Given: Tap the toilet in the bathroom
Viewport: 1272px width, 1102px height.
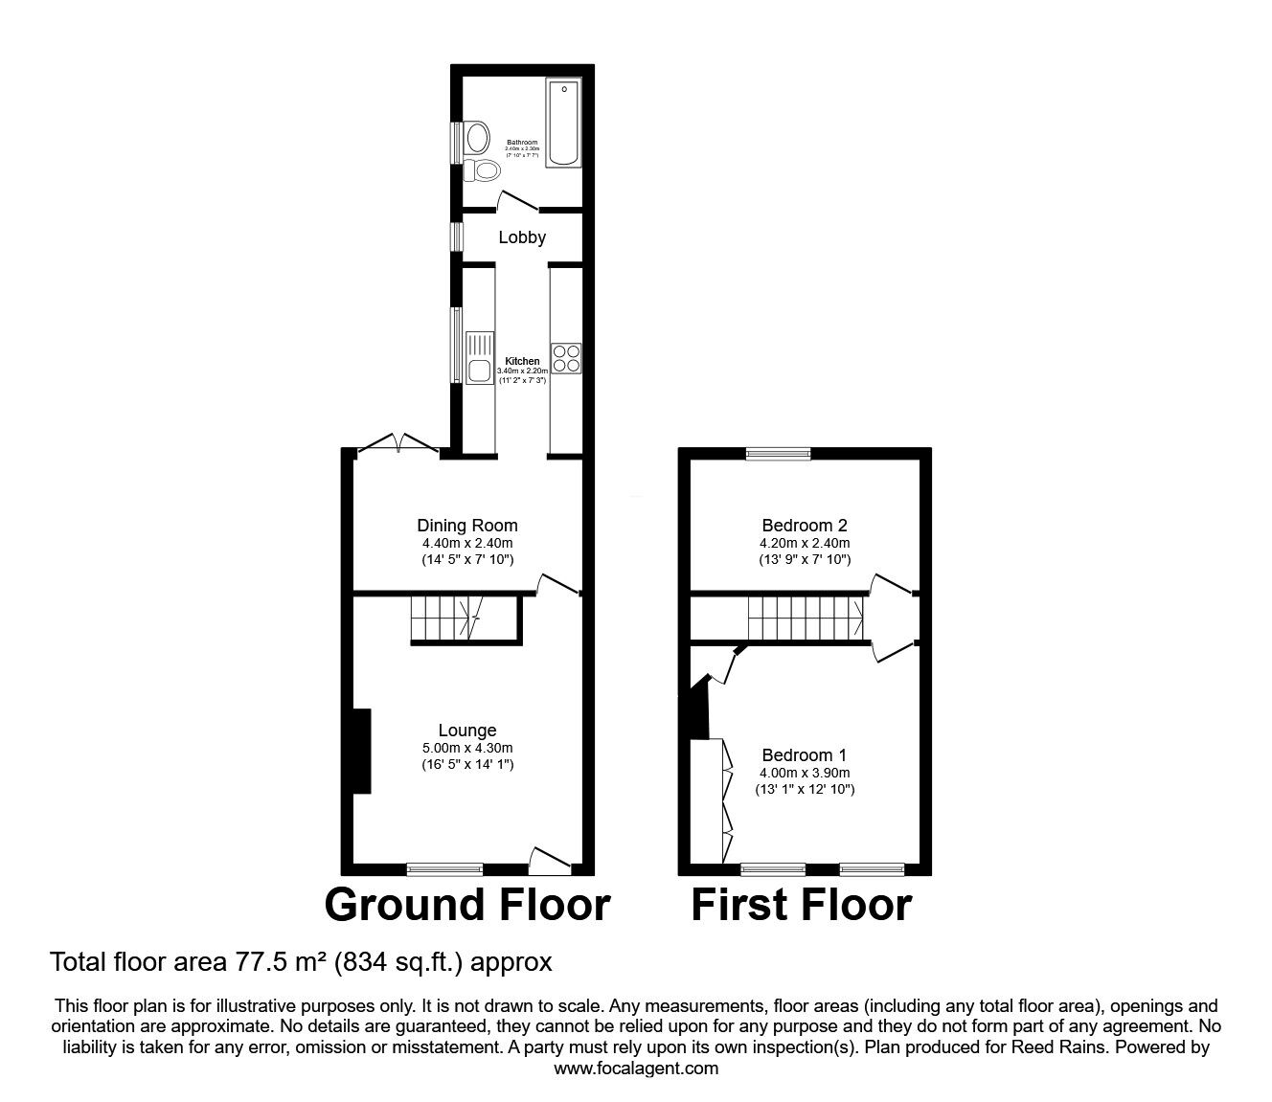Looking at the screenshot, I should (x=485, y=171).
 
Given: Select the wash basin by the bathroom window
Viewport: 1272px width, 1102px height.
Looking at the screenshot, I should (x=475, y=138).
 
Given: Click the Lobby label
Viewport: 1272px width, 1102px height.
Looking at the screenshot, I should (x=522, y=236).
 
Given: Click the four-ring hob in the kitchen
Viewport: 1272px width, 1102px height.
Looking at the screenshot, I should (x=566, y=357).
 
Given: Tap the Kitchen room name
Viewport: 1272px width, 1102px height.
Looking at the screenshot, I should (x=522, y=361).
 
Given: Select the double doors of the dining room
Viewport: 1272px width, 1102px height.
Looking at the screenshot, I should (x=397, y=443).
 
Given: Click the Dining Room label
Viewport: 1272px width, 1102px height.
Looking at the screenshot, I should (x=467, y=525).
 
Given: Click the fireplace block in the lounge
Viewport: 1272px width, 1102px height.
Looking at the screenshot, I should (x=360, y=751).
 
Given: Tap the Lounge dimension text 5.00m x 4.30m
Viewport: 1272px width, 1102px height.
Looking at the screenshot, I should (x=467, y=748).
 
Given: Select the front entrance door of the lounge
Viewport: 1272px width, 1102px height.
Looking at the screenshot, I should (x=550, y=861).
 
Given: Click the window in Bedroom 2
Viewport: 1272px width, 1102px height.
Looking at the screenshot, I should (x=778, y=454).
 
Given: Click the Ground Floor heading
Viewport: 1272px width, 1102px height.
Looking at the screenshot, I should (x=466, y=905).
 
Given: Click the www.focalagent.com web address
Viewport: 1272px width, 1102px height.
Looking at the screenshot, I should (x=636, y=1068).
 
